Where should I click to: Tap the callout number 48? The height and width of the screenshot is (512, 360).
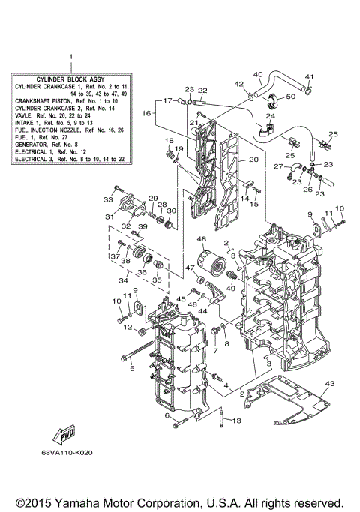(x=201, y=239)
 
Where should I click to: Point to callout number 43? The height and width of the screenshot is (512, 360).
(x=328, y=383)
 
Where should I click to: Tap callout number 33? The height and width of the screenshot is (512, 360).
(x=107, y=200)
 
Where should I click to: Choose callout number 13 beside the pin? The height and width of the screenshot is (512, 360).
(x=237, y=421)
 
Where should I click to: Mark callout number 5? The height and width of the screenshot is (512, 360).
(x=130, y=368)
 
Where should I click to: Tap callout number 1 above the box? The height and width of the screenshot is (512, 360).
(x=72, y=57)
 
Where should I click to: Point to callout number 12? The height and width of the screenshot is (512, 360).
(x=128, y=326)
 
